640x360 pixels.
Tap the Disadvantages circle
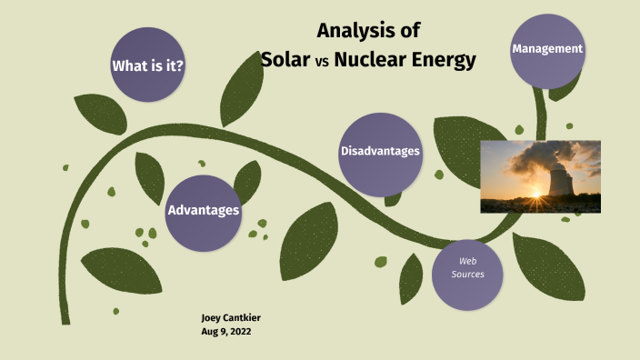click(380, 151)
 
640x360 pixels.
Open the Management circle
click(546, 49)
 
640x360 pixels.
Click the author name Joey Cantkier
click(231, 317)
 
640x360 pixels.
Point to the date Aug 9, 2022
click(226, 332)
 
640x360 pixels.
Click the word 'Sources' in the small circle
click(467, 274)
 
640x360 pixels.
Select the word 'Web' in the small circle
click(467, 261)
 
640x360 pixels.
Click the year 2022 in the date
click(240, 332)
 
